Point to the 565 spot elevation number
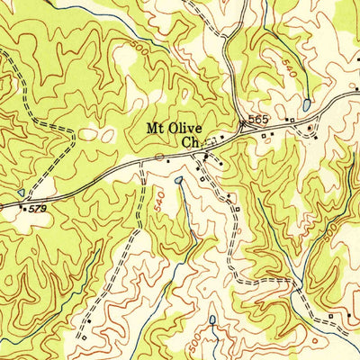pyautogui.click(x=260, y=120)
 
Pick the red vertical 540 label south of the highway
pyautogui.click(x=160, y=204)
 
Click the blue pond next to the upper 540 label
pyautogui.click(x=307, y=104)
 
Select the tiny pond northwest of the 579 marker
pyautogui.click(x=21, y=192)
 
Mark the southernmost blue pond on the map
pyautogui.click(x=211, y=319)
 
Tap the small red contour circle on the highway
pyautogui.click(x=159, y=157)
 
